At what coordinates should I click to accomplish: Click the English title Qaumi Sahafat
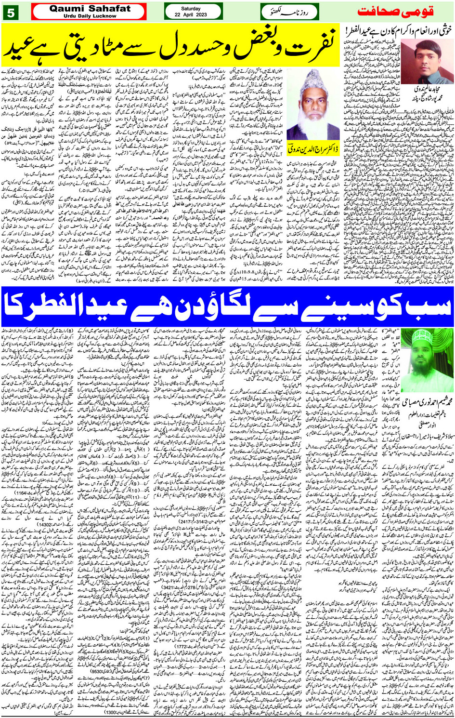(90, 9)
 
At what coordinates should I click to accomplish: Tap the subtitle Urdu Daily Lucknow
(90, 16)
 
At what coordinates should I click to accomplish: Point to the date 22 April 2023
(191, 15)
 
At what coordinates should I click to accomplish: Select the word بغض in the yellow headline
(250, 41)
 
